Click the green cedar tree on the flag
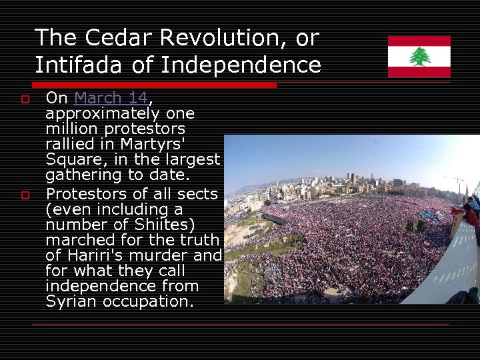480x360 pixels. tap(419, 57)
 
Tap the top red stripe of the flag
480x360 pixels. tap(419, 41)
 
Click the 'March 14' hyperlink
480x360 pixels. tap(111, 98)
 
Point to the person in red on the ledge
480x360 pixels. tap(471, 215)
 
